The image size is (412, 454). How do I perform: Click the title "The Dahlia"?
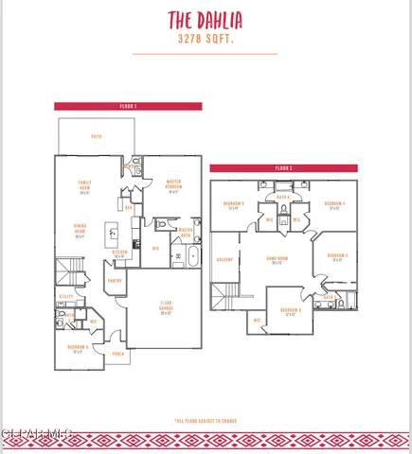click(x=206, y=20)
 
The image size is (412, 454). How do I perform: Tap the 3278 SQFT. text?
click(x=206, y=40)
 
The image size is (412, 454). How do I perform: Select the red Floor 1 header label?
click(x=128, y=106)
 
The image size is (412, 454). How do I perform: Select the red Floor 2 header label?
click(x=284, y=167)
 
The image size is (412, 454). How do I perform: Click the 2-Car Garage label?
click(x=166, y=306)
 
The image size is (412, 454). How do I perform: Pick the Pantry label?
click(x=115, y=280)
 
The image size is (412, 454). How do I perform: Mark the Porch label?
click(x=118, y=355)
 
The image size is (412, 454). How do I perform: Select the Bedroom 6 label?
click(x=79, y=348)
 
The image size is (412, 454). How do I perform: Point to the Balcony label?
click(x=224, y=258)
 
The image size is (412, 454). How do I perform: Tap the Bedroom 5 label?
click(x=234, y=205)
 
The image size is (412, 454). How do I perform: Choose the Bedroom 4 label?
click(x=333, y=205)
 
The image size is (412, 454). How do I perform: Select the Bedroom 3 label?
click(x=338, y=256)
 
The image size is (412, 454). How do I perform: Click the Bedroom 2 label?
click(x=291, y=311)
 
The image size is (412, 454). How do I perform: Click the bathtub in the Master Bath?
click(x=193, y=255)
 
